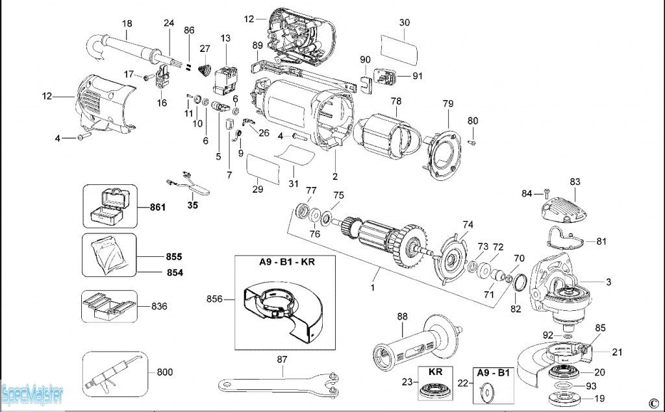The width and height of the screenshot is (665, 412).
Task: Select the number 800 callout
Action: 165,372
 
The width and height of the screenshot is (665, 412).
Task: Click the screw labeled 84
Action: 546,193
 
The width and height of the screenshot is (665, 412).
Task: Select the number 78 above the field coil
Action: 395,101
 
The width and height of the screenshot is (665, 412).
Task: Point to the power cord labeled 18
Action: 123,48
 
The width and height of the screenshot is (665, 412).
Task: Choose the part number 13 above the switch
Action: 225,38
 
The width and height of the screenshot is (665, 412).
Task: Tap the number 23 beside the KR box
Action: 407,382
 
